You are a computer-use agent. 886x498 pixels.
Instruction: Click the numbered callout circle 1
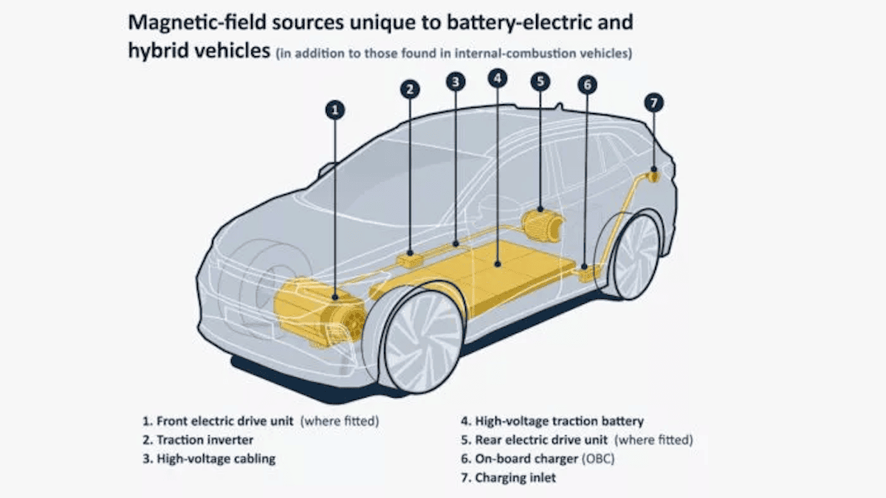click(x=335, y=111)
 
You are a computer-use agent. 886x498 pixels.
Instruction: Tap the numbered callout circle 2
click(x=411, y=90)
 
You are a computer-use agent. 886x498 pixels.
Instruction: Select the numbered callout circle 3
click(x=456, y=82)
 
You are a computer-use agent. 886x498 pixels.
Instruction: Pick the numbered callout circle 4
click(x=498, y=77)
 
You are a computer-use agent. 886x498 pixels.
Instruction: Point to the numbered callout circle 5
click(x=540, y=80)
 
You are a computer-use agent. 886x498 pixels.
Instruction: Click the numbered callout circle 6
click(x=588, y=85)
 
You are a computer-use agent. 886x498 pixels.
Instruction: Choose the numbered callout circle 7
click(x=653, y=103)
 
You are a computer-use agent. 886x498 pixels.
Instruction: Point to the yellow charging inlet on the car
click(x=653, y=176)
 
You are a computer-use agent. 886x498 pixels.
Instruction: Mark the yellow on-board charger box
click(x=588, y=273)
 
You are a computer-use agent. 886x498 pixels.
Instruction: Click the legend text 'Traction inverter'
click(x=205, y=440)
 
